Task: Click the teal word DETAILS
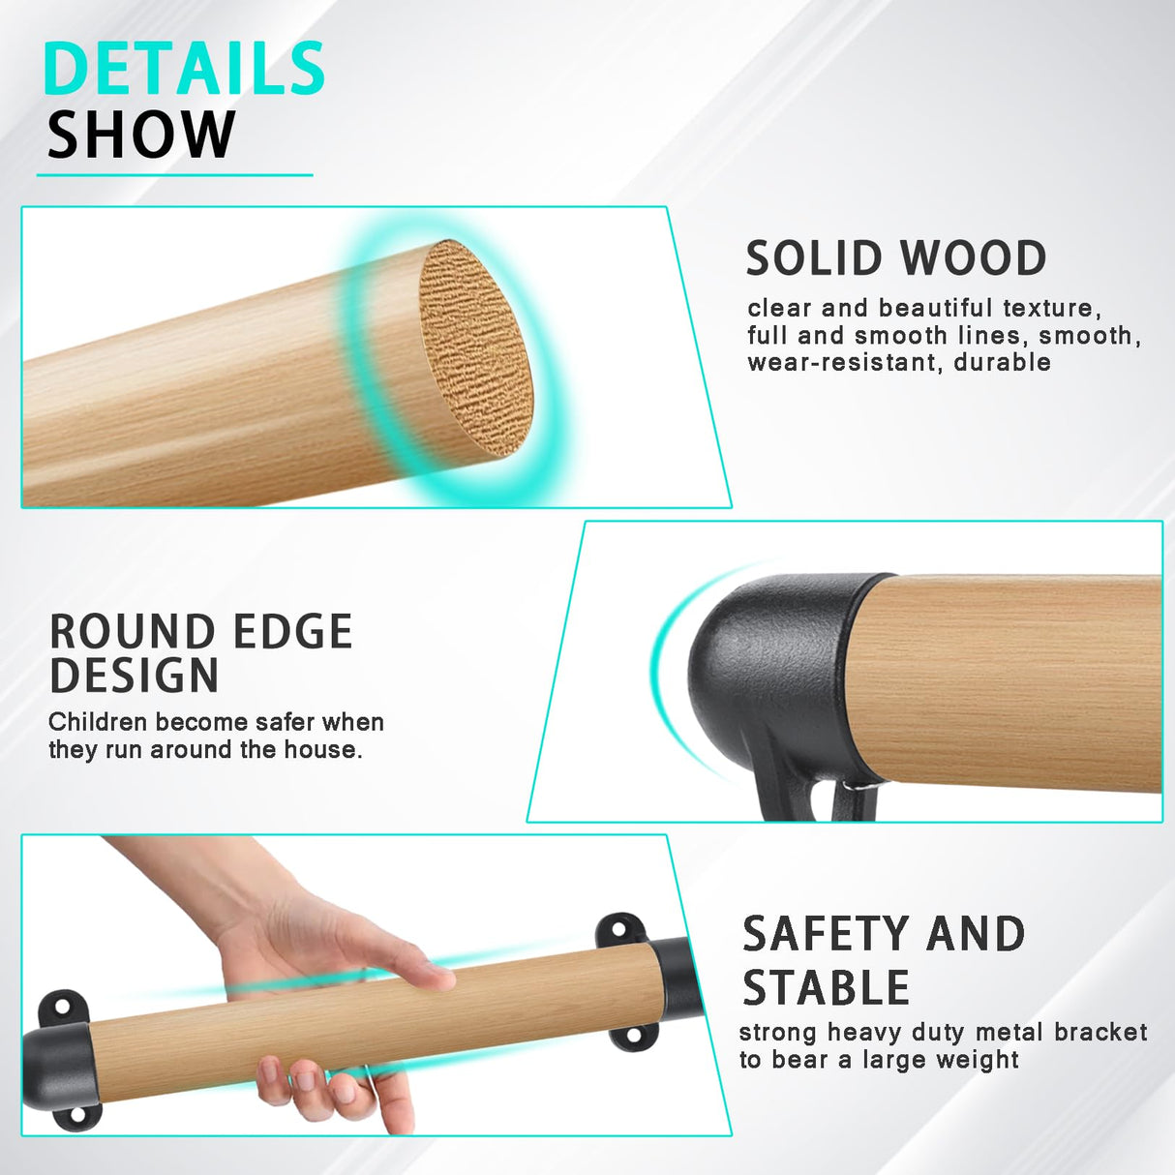pos(184,69)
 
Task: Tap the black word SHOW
pos(141,135)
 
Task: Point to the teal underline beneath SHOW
pos(175,175)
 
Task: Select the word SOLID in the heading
pos(817,258)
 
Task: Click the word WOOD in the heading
pos(973,258)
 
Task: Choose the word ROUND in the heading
pos(133,632)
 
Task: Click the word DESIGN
pos(135,675)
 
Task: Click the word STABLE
pos(827,987)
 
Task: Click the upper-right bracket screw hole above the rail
pos(618,931)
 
